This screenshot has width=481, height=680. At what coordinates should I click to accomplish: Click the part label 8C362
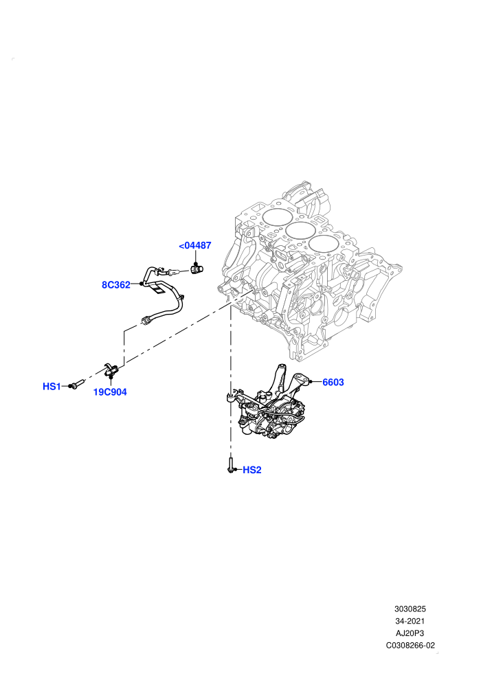116,285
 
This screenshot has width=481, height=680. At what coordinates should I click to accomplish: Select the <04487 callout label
195,245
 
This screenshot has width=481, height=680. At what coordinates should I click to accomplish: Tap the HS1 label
52,387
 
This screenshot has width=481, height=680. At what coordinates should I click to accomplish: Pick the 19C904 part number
110,392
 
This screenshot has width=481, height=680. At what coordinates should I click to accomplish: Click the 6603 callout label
333,382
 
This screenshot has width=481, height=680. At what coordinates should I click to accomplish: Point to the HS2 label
252,470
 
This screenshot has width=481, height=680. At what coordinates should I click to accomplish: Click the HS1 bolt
75,385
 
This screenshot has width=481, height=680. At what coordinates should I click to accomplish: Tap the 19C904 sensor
111,371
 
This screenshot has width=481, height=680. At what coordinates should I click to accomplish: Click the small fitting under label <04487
197,269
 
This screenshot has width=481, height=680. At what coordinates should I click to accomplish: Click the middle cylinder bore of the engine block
300,232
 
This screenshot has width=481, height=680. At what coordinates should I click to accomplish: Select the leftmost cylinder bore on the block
276,218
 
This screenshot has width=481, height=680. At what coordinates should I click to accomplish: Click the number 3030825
410,609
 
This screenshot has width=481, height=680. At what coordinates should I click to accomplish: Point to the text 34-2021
410,621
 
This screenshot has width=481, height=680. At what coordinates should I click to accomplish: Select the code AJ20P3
410,633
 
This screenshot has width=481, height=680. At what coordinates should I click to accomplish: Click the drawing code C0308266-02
410,645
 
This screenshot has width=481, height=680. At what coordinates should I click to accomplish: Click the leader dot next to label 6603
311,382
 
